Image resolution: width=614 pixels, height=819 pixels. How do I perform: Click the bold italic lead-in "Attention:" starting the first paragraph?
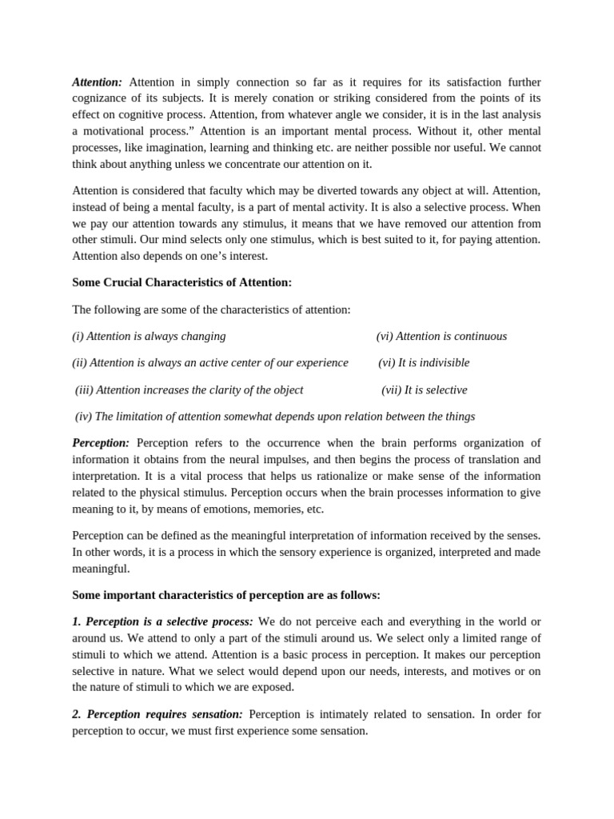pos(98,82)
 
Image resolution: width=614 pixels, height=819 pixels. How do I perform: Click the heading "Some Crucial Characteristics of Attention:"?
pos(182,282)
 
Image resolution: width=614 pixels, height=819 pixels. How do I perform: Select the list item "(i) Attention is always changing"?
pos(149,337)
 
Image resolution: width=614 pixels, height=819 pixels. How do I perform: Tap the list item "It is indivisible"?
pos(436,363)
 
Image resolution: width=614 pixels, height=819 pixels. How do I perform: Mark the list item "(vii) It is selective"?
pos(425,390)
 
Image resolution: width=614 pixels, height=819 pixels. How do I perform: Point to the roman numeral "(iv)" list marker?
pos(83,417)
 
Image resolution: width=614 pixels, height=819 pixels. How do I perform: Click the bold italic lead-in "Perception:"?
pos(101,443)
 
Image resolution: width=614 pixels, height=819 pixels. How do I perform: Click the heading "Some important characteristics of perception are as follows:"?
pos(226,595)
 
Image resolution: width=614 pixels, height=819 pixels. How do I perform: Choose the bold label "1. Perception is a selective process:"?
pos(162,621)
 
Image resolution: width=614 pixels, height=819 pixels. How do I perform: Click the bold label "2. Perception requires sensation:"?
pos(157,714)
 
